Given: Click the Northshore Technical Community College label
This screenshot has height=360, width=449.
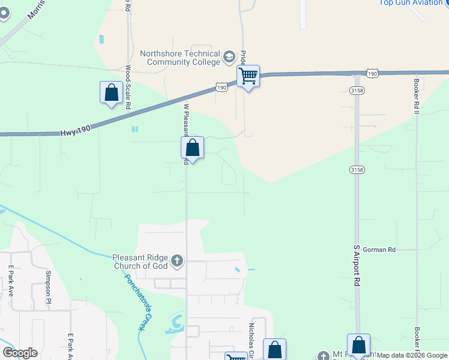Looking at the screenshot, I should coord(179,57).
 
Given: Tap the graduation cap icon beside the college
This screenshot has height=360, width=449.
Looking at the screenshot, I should coord(228,58).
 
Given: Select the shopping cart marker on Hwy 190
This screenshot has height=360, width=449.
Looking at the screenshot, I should coord(248,77).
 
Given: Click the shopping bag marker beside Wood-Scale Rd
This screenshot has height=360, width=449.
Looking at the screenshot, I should coord(111,93).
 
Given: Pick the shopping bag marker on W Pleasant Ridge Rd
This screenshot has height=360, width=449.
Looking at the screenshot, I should coord(193,148).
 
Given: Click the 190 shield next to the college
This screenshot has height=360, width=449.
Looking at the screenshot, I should coord(221,87).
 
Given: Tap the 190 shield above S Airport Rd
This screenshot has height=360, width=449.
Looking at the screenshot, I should coord(373,73).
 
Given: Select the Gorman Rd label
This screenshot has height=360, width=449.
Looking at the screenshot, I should coord(379,249).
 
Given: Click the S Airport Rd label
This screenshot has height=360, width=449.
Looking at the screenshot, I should coord(357,265).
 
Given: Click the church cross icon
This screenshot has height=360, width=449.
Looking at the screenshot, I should coord(176,261).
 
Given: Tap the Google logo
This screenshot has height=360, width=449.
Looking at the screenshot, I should coord(20,353).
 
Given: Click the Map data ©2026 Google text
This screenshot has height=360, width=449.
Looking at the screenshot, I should coord(412,355).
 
